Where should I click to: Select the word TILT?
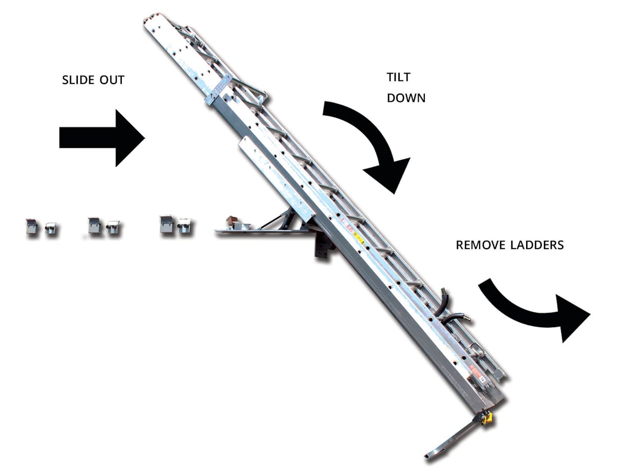click(398, 77)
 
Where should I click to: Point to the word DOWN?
click(406, 98)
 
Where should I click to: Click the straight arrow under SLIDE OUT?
click(102, 138)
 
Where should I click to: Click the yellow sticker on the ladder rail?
click(358, 239)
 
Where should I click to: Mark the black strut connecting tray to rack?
click(272, 221)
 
